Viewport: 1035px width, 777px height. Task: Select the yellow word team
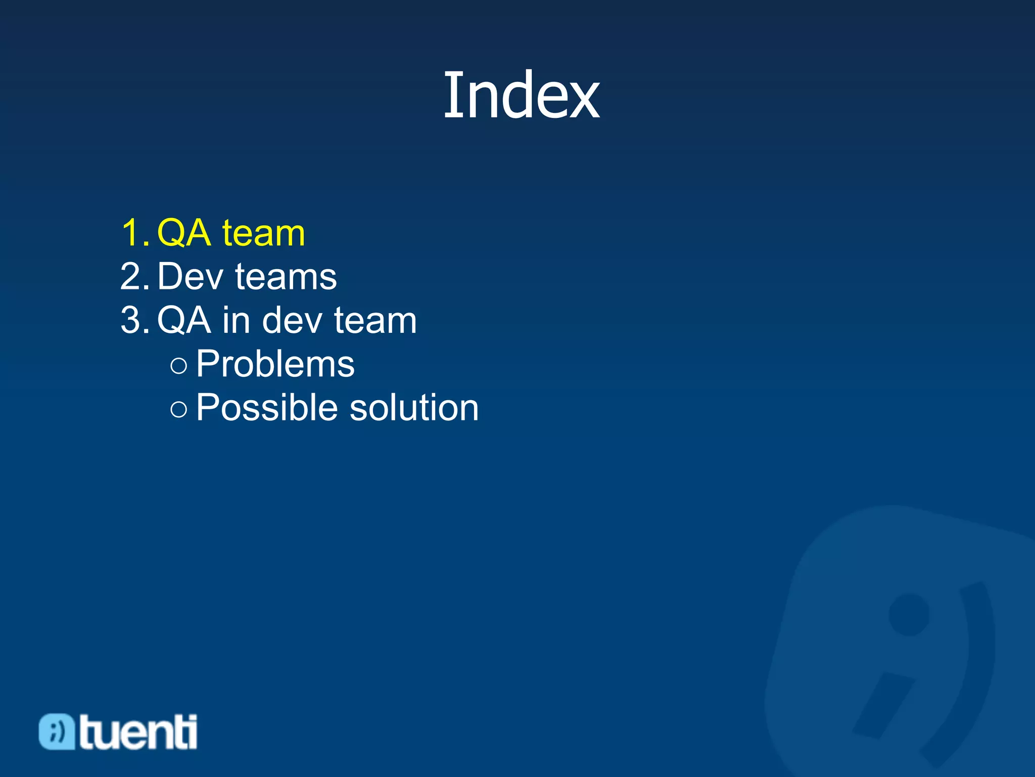point(263,234)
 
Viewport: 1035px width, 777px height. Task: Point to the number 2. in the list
point(134,277)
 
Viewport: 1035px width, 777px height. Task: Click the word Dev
point(190,277)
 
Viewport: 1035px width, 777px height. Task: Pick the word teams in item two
point(286,278)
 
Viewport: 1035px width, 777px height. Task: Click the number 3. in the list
point(134,320)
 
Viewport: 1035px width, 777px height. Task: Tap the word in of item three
point(236,321)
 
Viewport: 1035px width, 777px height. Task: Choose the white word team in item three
point(375,321)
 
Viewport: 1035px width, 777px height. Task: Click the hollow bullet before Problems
point(179,365)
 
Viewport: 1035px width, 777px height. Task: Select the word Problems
point(275,364)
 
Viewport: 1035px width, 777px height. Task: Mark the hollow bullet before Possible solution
point(179,409)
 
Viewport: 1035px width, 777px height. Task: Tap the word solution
point(414,408)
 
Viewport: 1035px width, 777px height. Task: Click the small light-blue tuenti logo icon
point(57,731)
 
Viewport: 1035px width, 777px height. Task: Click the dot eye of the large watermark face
point(909,615)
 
